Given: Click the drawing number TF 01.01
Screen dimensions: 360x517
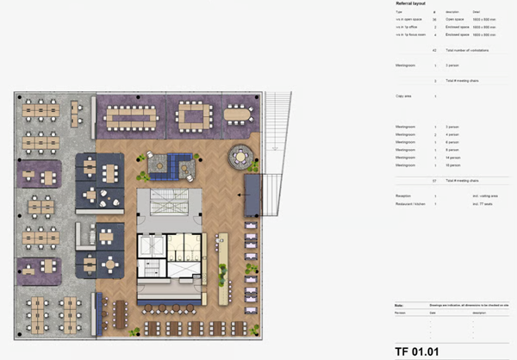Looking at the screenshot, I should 416,351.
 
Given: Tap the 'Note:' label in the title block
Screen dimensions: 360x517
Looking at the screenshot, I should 398,306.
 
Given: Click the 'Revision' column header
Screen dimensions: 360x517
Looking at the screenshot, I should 402,312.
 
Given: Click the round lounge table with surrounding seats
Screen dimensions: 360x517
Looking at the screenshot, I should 240,158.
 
